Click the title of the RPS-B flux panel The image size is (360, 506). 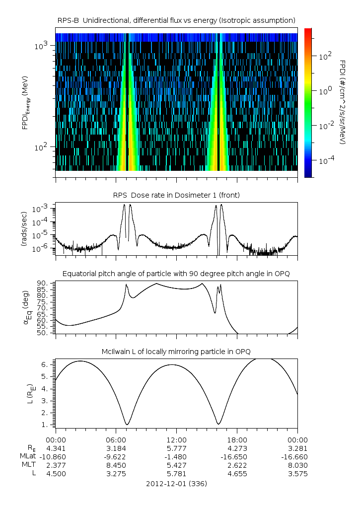point(176,20)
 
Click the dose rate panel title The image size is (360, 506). point(176,195)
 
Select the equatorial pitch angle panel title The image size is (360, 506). point(176,274)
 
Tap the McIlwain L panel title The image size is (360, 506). point(176,352)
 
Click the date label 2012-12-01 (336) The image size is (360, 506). point(176,483)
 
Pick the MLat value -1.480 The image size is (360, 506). point(176,456)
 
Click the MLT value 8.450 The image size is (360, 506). point(116,465)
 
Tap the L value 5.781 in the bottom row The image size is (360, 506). point(176,474)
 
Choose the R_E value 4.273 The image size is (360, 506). point(237,448)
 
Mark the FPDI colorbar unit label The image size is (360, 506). point(343,102)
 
